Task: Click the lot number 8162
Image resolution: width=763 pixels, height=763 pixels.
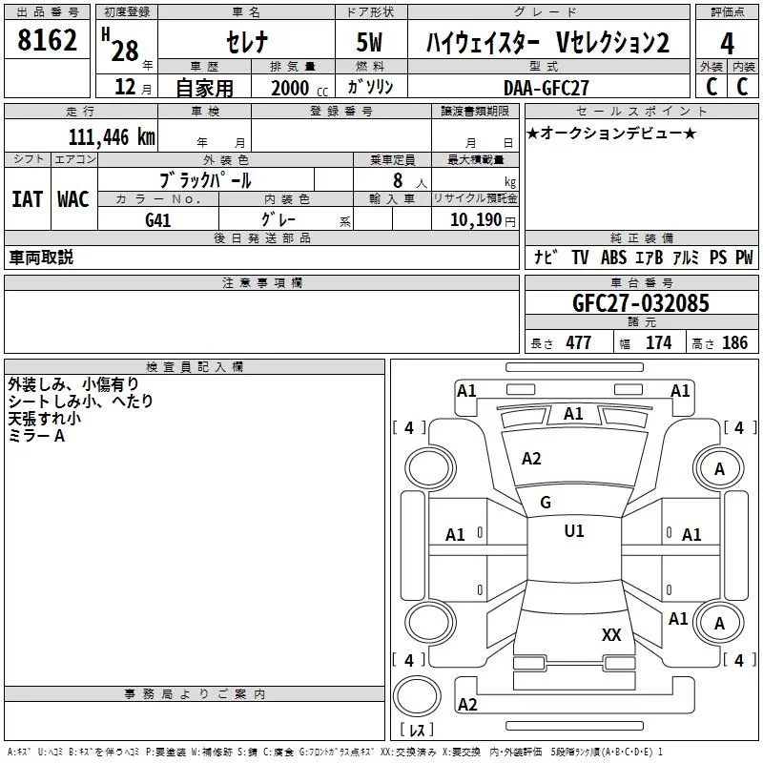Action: (48, 41)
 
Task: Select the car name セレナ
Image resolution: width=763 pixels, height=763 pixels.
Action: (247, 43)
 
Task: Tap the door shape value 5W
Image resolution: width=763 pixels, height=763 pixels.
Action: (369, 43)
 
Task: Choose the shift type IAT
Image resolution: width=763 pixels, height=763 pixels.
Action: (27, 199)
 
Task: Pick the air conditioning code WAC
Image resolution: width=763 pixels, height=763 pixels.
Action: (72, 199)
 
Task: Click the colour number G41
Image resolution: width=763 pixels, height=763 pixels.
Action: (159, 220)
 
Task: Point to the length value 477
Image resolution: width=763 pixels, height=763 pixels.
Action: (578, 343)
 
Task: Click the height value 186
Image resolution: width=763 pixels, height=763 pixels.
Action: (734, 343)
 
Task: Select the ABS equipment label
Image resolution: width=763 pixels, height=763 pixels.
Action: (614, 258)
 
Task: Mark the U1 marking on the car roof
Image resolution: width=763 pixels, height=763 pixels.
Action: (574, 531)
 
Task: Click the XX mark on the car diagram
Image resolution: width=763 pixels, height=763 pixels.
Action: (612, 634)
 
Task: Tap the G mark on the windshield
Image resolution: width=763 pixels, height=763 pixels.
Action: (546, 503)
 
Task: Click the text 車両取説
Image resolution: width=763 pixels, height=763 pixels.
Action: (41, 258)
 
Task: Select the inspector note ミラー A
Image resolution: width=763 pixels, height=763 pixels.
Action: (36, 435)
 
